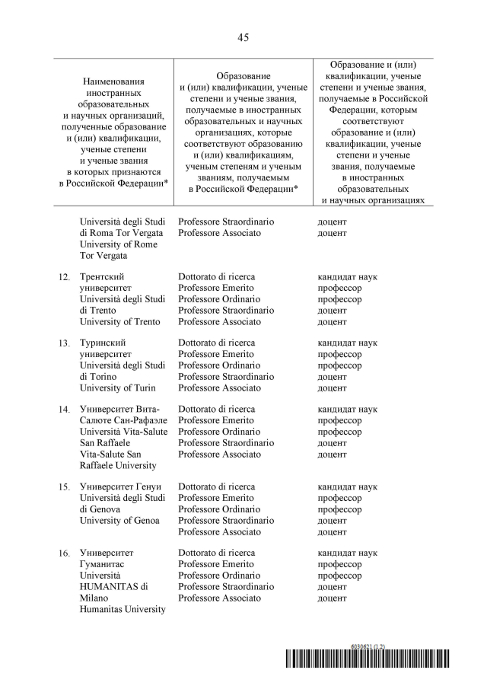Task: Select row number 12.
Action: tap(65, 277)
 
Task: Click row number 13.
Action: tap(65, 343)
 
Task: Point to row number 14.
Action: tap(65, 410)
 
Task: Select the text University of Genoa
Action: tap(119, 520)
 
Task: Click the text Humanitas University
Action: tap(123, 608)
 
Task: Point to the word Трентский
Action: tap(103, 277)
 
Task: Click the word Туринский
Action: tap(103, 343)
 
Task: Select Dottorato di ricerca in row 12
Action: tap(216, 277)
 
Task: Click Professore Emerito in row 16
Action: tap(216, 564)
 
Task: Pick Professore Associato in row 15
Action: tap(219, 531)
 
